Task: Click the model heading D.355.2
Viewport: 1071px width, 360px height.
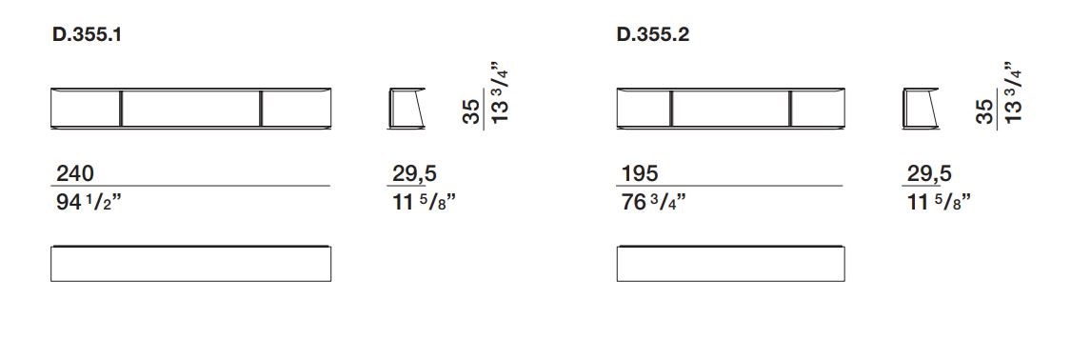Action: click(x=653, y=36)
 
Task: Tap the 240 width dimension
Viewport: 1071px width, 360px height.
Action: click(x=74, y=173)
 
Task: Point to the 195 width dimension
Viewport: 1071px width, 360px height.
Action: click(x=638, y=173)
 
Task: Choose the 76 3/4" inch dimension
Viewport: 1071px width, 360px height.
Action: click(x=652, y=201)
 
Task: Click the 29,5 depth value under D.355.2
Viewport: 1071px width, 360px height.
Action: click(x=927, y=173)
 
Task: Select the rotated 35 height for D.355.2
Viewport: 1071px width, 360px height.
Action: click(x=985, y=111)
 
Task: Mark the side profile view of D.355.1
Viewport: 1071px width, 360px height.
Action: click(x=407, y=109)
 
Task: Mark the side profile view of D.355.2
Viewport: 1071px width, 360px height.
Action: click(x=920, y=109)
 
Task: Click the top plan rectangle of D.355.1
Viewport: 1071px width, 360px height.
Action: click(x=190, y=263)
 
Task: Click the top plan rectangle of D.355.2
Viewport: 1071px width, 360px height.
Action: click(x=730, y=263)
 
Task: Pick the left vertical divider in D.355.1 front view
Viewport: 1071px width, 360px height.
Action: click(x=122, y=109)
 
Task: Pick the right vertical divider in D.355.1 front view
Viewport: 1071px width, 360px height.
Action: click(x=260, y=109)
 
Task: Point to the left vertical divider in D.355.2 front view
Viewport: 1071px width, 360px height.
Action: click(x=672, y=109)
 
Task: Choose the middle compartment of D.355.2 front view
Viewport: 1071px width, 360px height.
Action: click(x=730, y=109)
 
